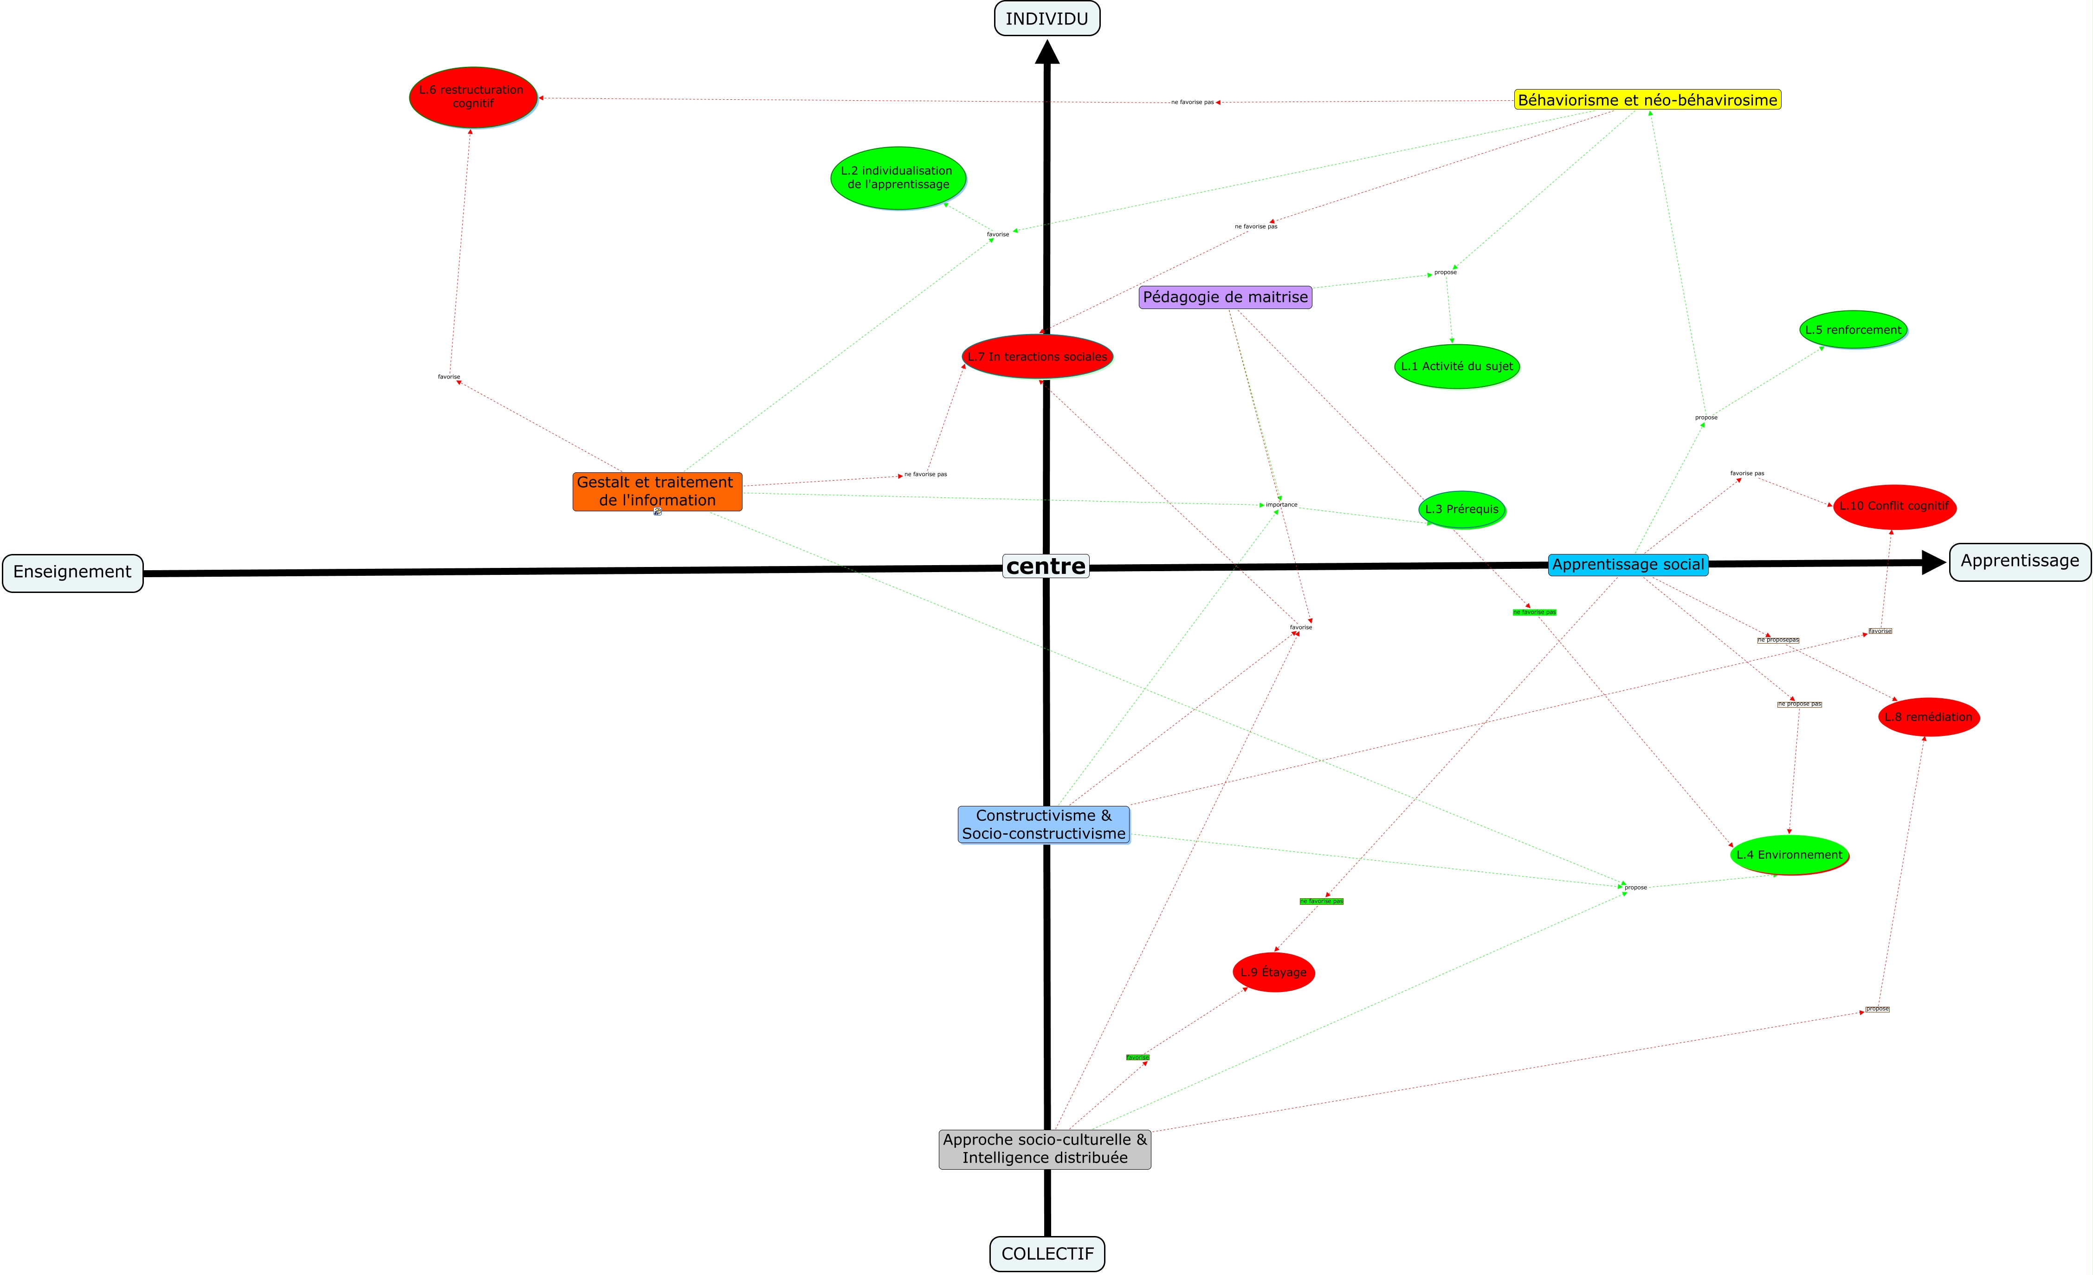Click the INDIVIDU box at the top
1046,19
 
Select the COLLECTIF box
1047,1254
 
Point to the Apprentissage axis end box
2019,561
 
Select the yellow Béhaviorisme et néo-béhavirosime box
1647,100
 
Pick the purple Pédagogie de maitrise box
1225,297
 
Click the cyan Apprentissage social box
1628,565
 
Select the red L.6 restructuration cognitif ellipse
473,97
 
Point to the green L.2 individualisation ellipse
898,178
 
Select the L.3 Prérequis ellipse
1462,509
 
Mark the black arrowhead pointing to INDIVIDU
1047,53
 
